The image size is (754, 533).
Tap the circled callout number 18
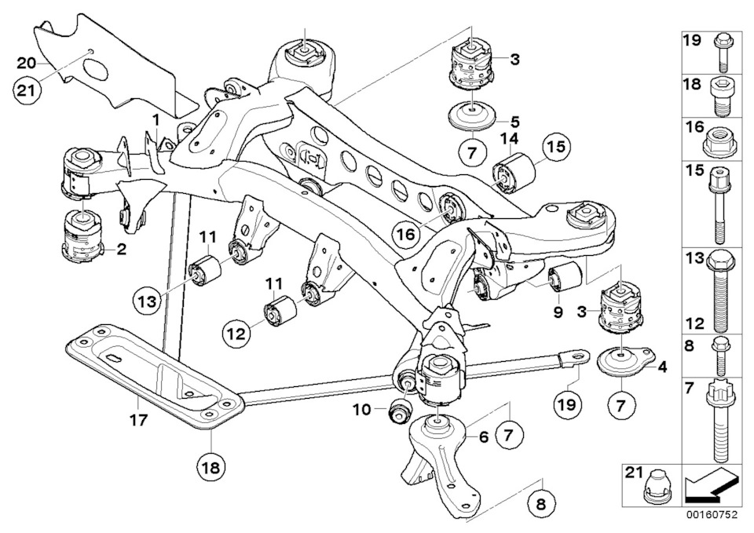point(211,467)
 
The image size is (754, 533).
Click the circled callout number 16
point(406,235)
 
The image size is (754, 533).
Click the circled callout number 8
point(541,505)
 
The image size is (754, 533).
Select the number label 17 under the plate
point(139,420)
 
